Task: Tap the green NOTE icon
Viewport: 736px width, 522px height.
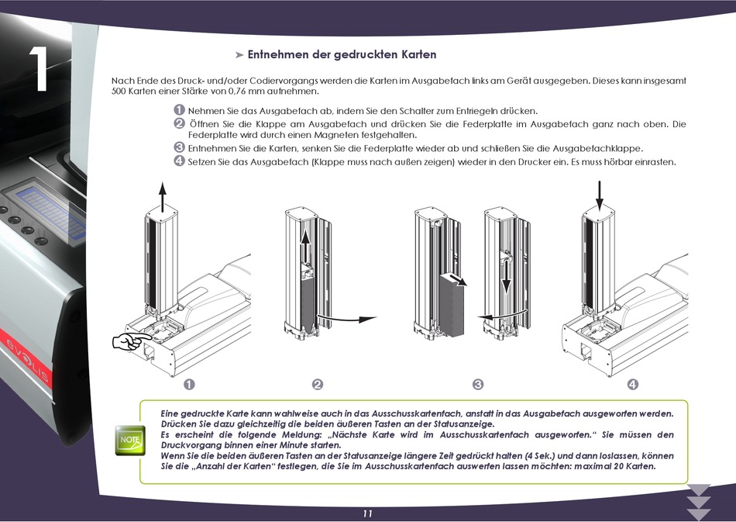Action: (129, 439)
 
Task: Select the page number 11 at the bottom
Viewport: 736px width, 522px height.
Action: (367, 513)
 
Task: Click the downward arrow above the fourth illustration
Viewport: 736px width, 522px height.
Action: (598, 195)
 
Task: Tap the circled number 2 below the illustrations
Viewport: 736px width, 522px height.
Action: (317, 385)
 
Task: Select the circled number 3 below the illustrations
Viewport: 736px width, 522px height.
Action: (477, 385)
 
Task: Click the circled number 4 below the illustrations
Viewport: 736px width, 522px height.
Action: (632, 385)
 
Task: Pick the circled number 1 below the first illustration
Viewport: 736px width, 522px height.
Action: (188, 385)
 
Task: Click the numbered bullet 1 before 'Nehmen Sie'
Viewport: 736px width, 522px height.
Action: (179, 110)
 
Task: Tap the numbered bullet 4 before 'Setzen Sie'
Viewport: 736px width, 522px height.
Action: (179, 161)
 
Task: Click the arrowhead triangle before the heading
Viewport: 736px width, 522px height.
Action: (239, 55)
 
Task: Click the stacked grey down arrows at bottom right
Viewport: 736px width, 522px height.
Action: (699, 501)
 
